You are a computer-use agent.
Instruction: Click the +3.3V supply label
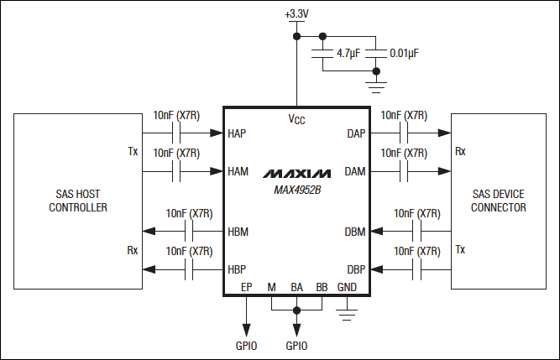pyautogui.click(x=296, y=15)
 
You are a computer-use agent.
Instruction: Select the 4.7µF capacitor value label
pyautogui.click(x=349, y=53)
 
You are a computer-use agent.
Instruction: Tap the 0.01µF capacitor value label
pyautogui.click(x=404, y=53)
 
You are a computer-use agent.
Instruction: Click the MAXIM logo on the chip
pyautogui.click(x=296, y=173)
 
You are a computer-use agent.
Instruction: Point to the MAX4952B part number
pyautogui.click(x=296, y=189)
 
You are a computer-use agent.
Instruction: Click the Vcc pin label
pyautogui.click(x=296, y=119)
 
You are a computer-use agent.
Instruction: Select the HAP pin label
pyautogui.click(x=238, y=133)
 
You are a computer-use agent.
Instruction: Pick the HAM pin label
pyautogui.click(x=238, y=171)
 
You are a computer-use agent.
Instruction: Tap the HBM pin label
pyautogui.click(x=238, y=232)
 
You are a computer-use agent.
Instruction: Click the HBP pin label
pyautogui.click(x=238, y=269)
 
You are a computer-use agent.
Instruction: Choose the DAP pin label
pyautogui.click(x=355, y=133)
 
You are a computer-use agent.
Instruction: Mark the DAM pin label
pyautogui.click(x=355, y=171)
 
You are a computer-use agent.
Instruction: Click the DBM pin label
pyautogui.click(x=355, y=232)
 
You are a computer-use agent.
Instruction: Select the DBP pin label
pyautogui.click(x=355, y=269)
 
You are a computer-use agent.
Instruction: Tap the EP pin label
pyautogui.click(x=246, y=287)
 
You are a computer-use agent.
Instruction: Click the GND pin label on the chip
pyautogui.click(x=347, y=287)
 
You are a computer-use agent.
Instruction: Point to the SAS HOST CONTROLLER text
pyautogui.click(x=78, y=201)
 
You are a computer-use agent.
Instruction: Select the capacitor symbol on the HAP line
pyautogui.click(x=176, y=133)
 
